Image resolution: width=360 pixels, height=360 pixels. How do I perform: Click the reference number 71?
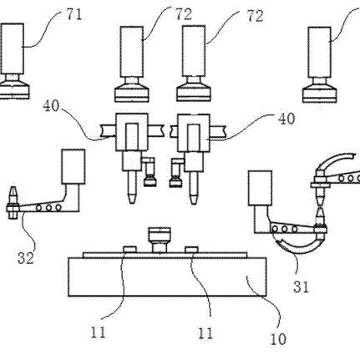pyautogui.click(x=74, y=14)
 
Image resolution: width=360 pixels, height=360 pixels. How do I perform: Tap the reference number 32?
pyautogui.click(x=26, y=258)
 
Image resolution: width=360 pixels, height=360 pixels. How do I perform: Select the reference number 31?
pyautogui.click(x=301, y=286)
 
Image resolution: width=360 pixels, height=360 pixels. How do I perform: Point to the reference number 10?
pyautogui.click(x=278, y=339)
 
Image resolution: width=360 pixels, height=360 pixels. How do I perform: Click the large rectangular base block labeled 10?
pyautogui.click(x=167, y=276)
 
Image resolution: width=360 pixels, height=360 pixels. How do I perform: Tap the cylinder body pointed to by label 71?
pyautogui.click(x=12, y=48)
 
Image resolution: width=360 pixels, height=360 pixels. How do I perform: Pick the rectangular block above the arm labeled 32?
pyautogui.click(x=74, y=166)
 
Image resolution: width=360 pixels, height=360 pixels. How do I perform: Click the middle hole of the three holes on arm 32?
pyautogui.click(x=48, y=208)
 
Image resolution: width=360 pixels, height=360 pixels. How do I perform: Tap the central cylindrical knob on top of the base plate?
pyautogui.click(x=160, y=240)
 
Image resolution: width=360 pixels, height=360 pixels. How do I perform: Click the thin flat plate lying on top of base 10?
pyautogui.click(x=165, y=255)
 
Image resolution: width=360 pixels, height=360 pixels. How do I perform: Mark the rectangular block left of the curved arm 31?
pyautogui.click(x=260, y=188)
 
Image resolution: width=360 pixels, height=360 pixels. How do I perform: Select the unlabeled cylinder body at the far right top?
pyautogui.click(x=320, y=52)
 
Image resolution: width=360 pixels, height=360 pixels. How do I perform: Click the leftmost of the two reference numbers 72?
pyautogui.click(x=184, y=15)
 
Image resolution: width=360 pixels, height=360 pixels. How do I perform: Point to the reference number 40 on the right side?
pyautogui.click(x=286, y=119)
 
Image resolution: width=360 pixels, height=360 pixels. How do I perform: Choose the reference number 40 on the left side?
pyautogui.click(x=51, y=106)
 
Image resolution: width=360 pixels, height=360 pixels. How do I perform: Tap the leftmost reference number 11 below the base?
pyautogui.click(x=98, y=332)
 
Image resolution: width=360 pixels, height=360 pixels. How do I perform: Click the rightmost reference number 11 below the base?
pyautogui.click(x=205, y=333)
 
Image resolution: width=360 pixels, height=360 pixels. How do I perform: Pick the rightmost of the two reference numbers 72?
pyautogui.click(x=255, y=17)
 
